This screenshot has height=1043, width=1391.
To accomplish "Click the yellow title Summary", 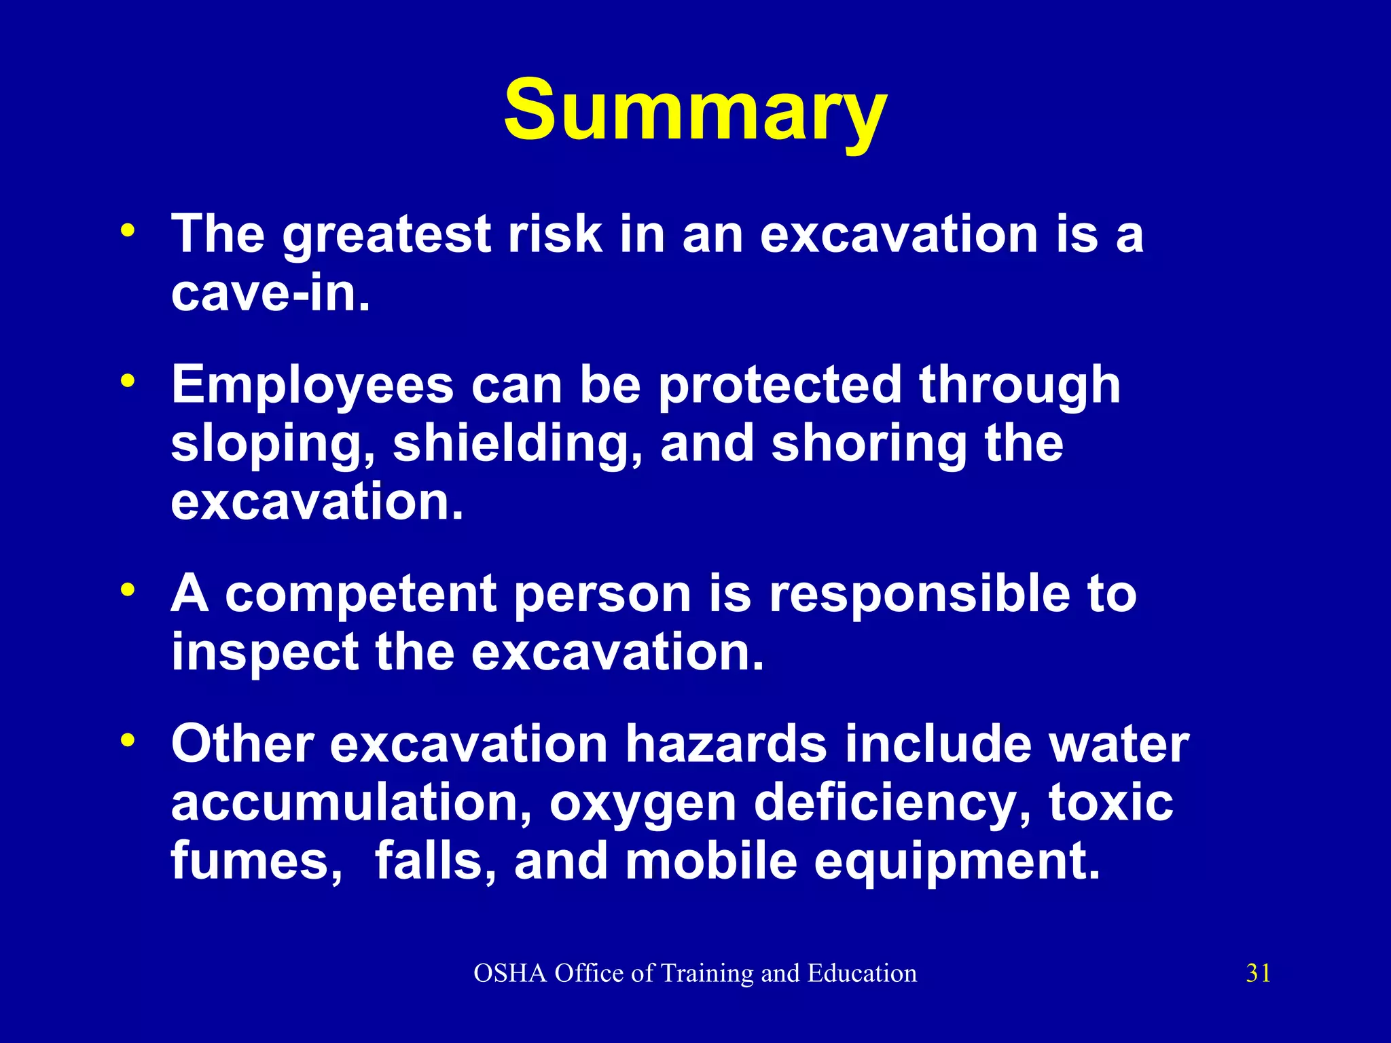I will tap(695, 112).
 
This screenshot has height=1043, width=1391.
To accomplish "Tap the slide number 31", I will tap(1258, 973).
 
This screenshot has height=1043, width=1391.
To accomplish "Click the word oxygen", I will tap(643, 804).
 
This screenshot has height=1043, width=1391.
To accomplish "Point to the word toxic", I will tap(1110, 803).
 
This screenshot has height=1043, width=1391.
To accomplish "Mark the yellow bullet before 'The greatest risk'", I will tap(127, 231).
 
